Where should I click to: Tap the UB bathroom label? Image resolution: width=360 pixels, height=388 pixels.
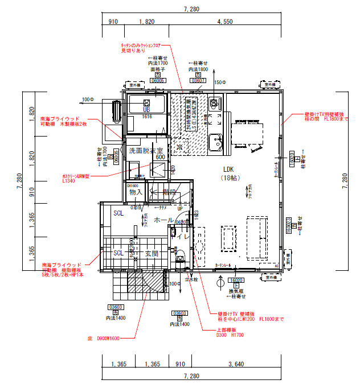146,109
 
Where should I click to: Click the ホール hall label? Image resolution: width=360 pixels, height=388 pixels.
164,220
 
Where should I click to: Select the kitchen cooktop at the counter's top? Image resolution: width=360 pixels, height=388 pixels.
215,104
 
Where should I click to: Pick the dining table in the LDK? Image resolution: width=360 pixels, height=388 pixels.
247,135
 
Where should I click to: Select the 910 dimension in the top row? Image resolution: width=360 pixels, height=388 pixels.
112,22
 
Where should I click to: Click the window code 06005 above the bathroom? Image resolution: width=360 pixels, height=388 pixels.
158,81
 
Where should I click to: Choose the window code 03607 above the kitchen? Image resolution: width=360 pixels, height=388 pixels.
198,81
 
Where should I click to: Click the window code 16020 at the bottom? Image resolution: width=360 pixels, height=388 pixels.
236,280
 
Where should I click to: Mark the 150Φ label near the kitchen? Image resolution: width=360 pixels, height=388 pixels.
219,83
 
